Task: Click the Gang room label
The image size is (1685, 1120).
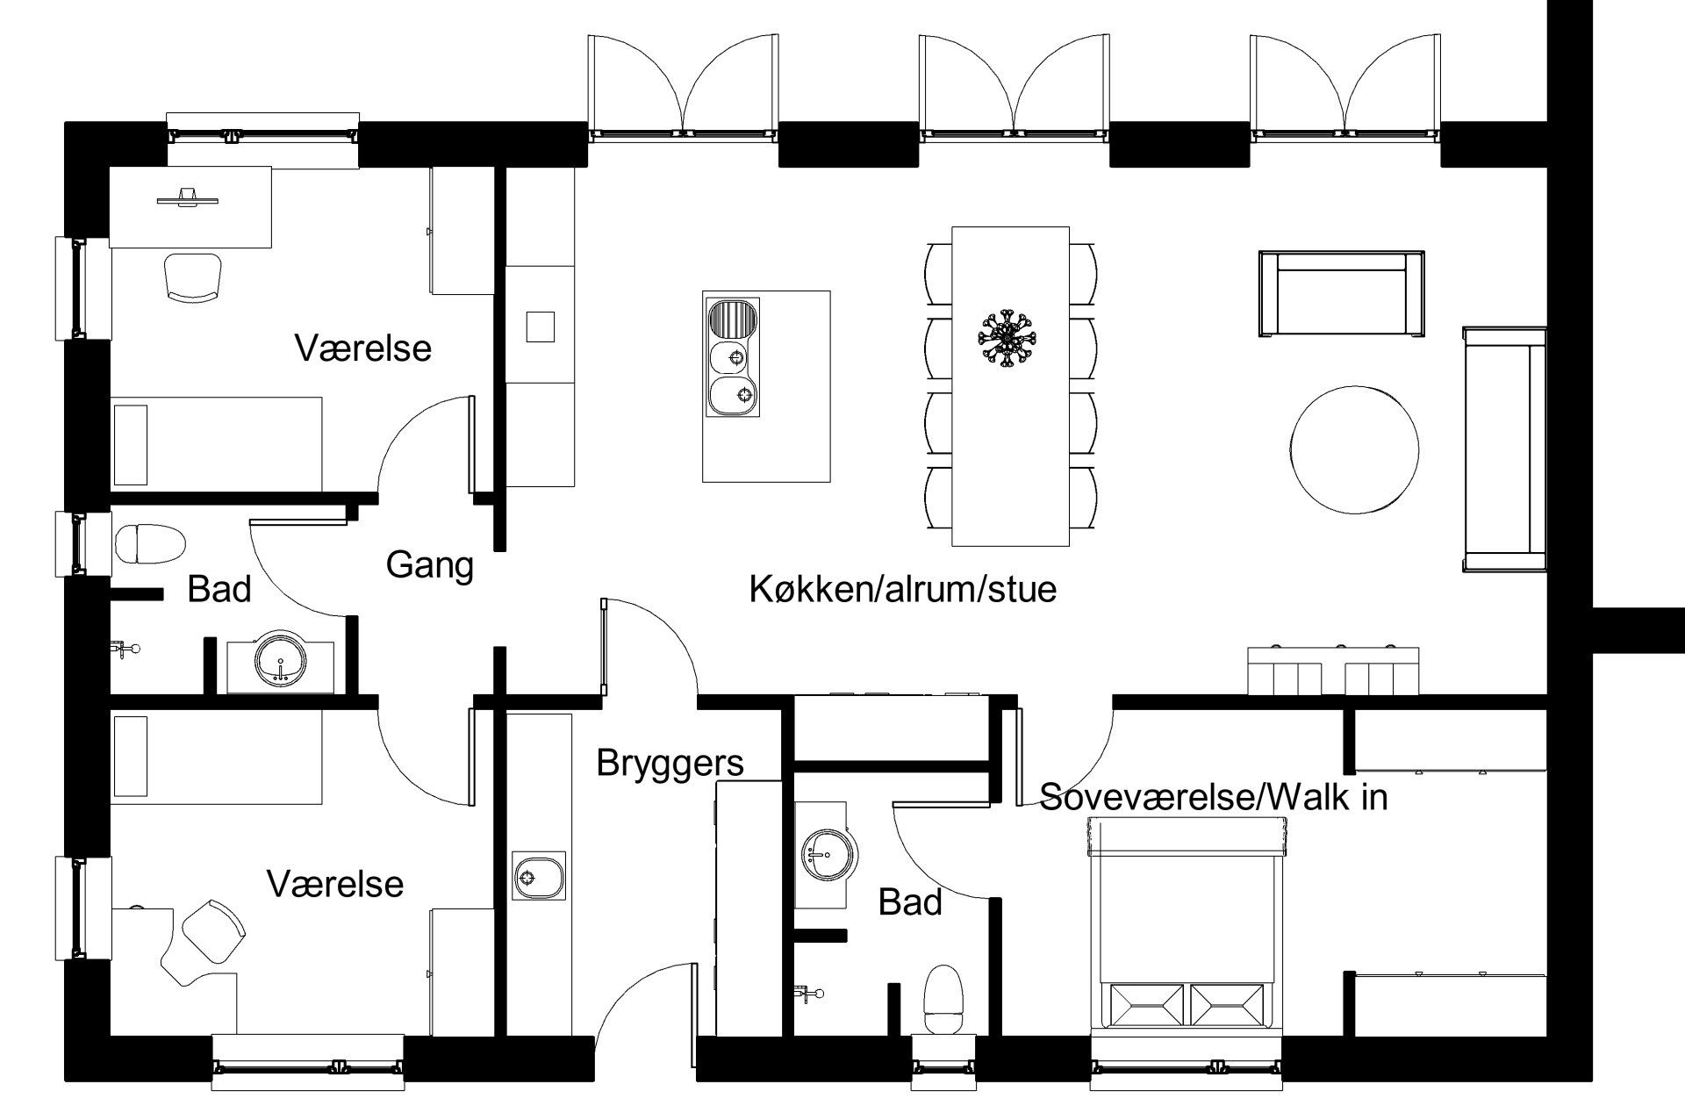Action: click(x=429, y=564)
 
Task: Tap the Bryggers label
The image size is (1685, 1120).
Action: click(x=670, y=763)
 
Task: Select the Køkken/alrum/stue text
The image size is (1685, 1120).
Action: click(x=902, y=589)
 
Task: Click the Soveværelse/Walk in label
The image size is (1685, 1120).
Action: click(x=1214, y=797)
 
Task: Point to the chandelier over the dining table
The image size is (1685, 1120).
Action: click(x=1007, y=337)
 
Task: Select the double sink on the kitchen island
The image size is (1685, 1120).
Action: click(x=733, y=357)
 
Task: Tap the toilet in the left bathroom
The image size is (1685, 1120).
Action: click(x=150, y=544)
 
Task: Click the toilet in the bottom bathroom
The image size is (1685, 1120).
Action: click(x=944, y=1001)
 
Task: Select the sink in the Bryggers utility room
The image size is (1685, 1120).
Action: click(x=538, y=875)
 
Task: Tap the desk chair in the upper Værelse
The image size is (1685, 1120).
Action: click(x=194, y=277)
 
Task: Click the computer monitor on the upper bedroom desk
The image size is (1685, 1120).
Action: click(x=187, y=197)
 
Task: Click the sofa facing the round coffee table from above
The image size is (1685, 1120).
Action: click(x=1341, y=293)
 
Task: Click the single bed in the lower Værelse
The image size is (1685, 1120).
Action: click(x=216, y=757)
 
